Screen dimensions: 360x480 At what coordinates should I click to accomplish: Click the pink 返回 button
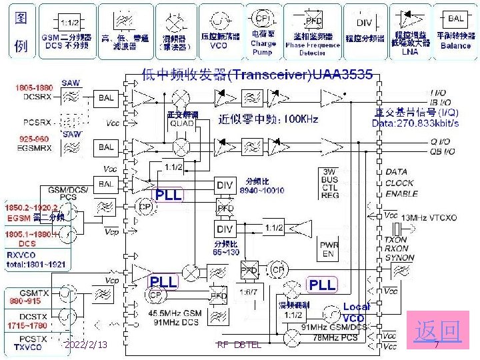437,331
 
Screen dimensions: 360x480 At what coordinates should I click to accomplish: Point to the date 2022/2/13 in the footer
86,345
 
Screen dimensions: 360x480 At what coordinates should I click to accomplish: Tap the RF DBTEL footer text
239,345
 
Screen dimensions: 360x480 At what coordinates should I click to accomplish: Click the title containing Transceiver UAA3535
255,75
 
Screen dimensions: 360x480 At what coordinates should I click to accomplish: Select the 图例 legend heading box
21,31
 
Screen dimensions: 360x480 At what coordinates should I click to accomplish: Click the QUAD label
182,123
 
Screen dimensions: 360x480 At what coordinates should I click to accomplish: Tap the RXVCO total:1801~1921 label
36,259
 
